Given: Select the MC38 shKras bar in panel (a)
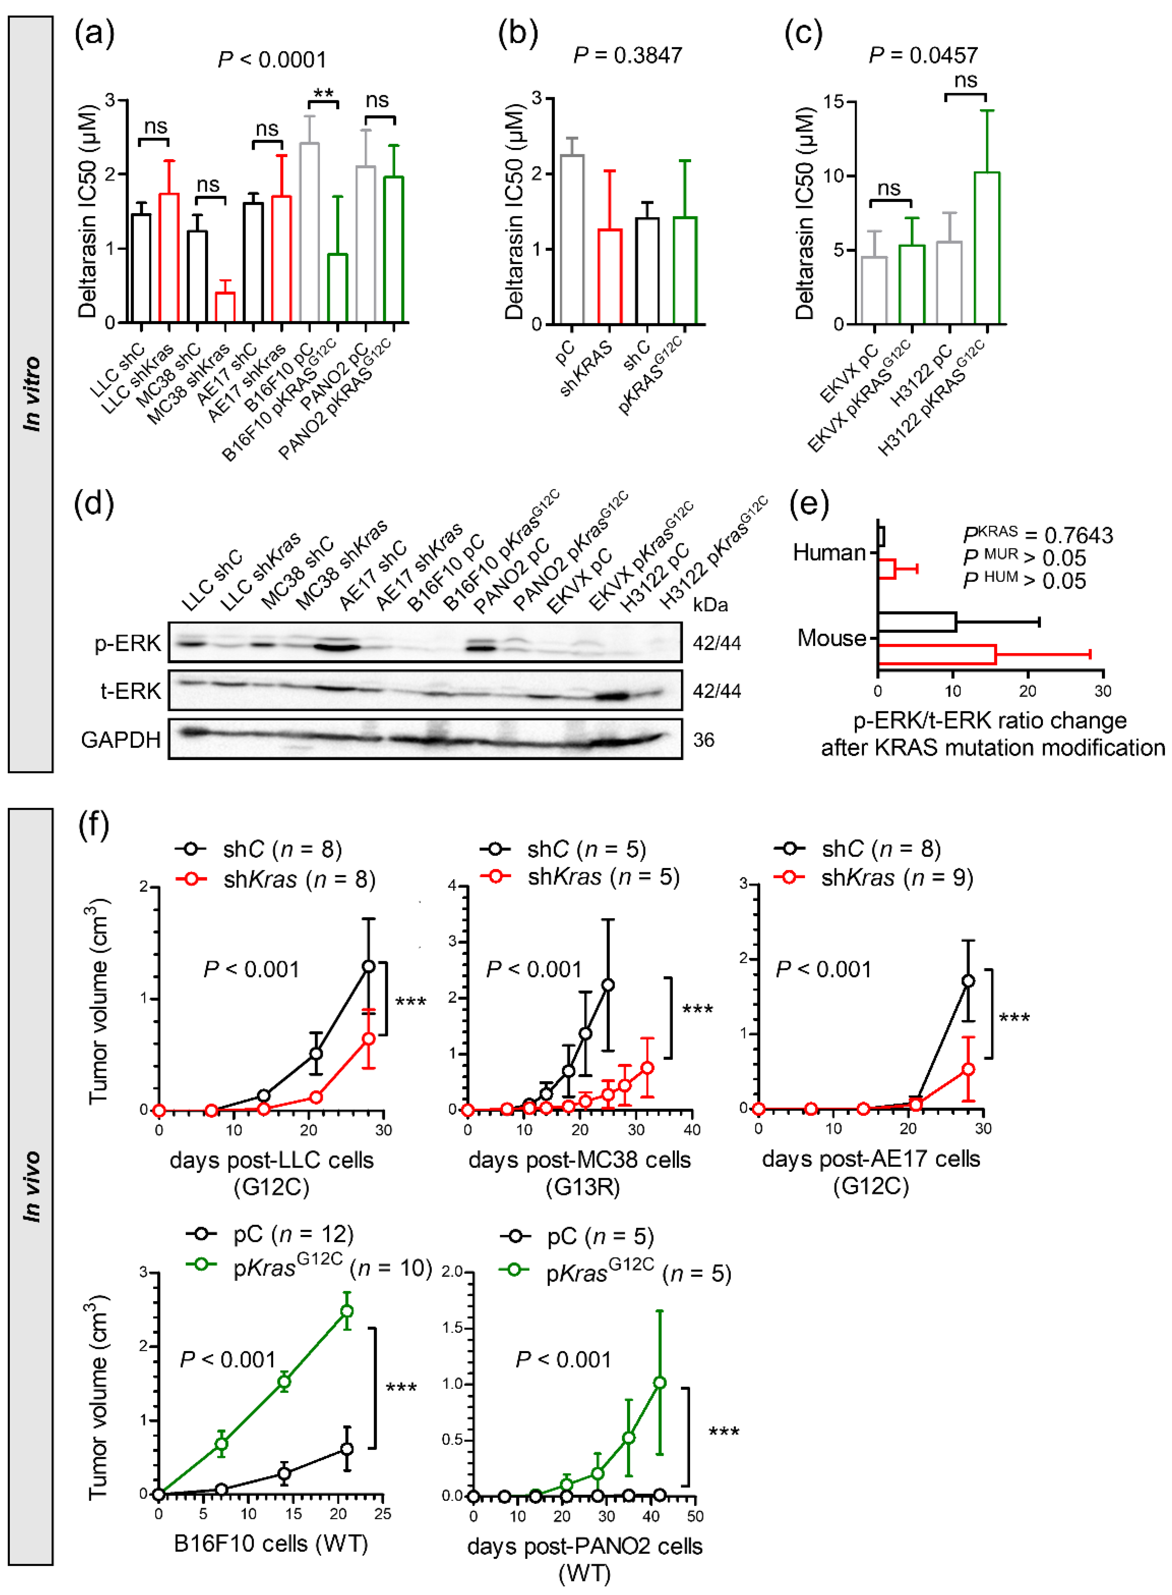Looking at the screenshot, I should [x=225, y=307].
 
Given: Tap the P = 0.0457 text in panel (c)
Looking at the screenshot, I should [x=923, y=55].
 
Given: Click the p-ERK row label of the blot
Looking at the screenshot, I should [x=128, y=643].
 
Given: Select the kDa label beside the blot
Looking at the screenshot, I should [x=710, y=604].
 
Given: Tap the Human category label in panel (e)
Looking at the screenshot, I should [x=829, y=552].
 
